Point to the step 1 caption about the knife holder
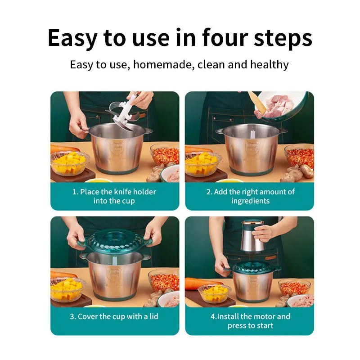click(114, 196)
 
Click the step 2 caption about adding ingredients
click(250, 196)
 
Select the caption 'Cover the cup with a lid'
click(114, 316)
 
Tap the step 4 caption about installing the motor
click(250, 321)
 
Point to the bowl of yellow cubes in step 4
click(214, 293)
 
